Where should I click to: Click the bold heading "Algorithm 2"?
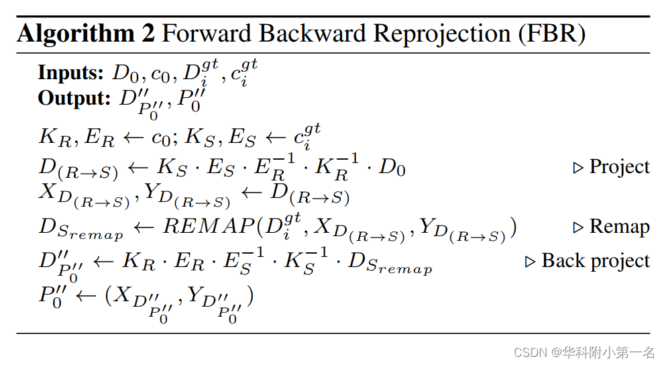coord(86,33)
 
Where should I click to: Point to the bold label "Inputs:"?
coord(70,72)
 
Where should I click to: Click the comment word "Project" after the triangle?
coord(620,166)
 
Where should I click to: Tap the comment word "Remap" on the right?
coord(620,227)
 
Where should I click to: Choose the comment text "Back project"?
coord(596,261)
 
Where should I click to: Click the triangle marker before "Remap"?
coord(578,227)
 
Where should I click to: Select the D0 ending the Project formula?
coord(392,167)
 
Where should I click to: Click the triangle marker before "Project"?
coord(578,167)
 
